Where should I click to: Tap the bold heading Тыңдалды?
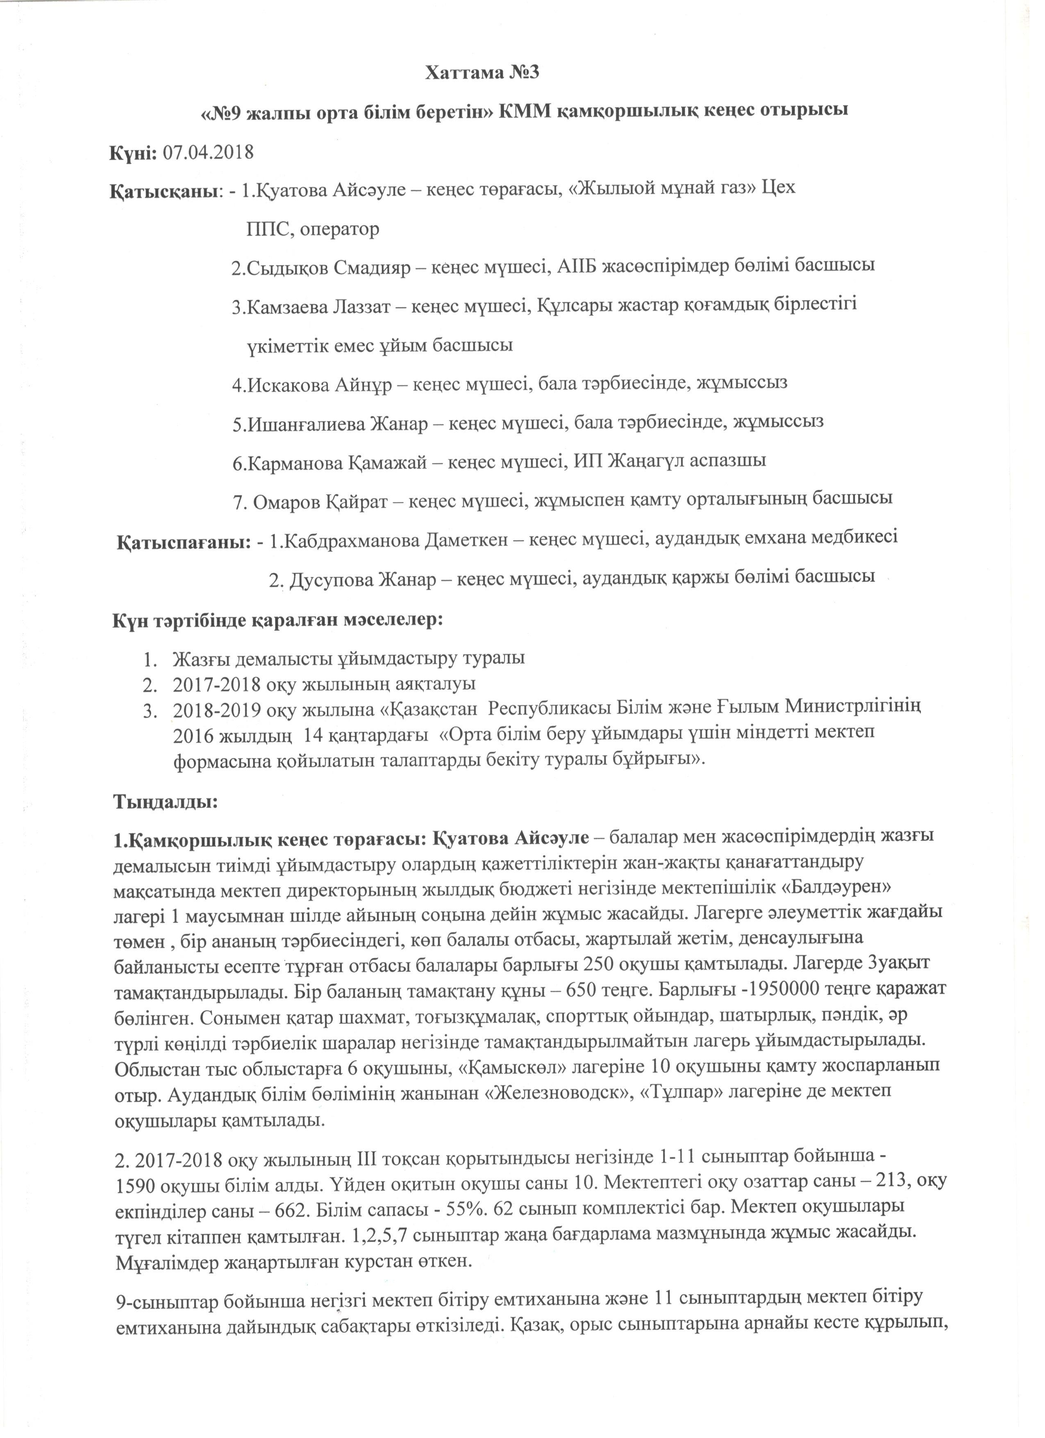pos(166,802)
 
